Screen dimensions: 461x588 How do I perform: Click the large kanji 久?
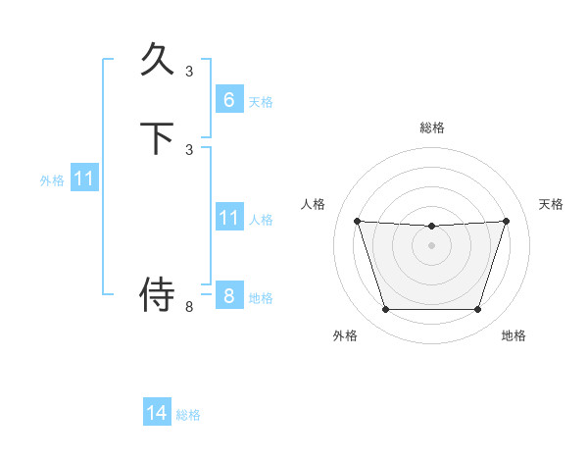pos(158,60)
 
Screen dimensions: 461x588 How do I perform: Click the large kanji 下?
pos(158,138)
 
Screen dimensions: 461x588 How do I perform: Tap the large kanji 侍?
pos(158,293)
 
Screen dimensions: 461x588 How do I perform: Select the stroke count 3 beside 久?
pos(189,71)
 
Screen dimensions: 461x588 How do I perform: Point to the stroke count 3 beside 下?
pos(189,149)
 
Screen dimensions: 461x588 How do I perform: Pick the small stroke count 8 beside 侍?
pos(189,307)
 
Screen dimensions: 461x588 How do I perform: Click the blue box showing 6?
pos(228,99)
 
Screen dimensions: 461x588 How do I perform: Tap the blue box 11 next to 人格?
pos(228,218)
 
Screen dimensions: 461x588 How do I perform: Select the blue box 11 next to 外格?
pos(84,179)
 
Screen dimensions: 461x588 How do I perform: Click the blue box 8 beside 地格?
pos(228,296)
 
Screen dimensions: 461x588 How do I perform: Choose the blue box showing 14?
pos(157,413)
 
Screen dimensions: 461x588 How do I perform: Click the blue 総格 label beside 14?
pos(188,415)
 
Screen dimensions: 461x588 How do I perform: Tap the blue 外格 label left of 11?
pos(52,180)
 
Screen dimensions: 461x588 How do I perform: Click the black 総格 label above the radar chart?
pos(432,128)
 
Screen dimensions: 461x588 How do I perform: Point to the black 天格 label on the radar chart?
pos(552,204)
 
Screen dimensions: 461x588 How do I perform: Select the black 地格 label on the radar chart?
pos(514,335)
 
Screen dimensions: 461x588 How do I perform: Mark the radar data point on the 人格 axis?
pos(357,221)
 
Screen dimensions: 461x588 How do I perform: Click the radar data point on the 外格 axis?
pos(385,310)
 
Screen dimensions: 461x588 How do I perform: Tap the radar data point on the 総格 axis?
pos(431,227)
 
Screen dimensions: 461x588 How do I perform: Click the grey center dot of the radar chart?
pos(431,245)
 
